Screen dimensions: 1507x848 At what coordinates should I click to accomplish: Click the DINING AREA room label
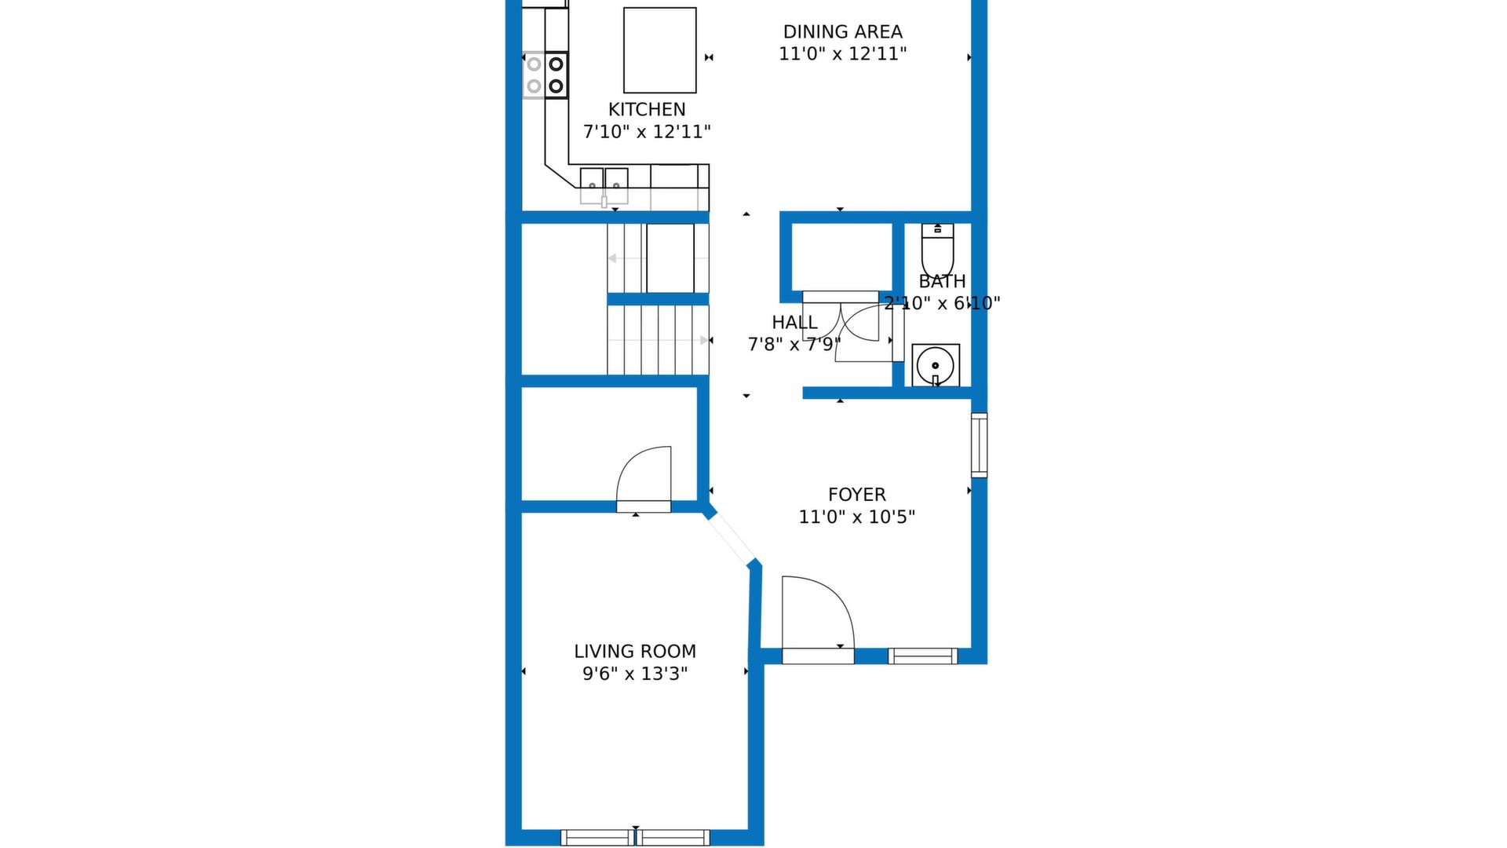pyautogui.click(x=842, y=32)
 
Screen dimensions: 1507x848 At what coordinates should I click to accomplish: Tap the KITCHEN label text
pyautogui.click(x=647, y=110)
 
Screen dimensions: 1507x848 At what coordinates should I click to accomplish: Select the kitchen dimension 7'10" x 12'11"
pyautogui.click(x=647, y=132)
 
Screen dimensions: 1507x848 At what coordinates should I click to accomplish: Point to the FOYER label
pyautogui.click(x=856, y=495)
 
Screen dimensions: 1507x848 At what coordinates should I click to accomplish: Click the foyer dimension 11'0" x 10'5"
pyautogui.click(x=856, y=517)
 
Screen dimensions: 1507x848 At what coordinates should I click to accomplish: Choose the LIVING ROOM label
pyautogui.click(x=635, y=652)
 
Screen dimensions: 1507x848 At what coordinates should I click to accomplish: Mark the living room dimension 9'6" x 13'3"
pyautogui.click(x=635, y=674)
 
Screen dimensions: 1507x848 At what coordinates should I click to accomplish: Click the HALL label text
pyautogui.click(x=794, y=323)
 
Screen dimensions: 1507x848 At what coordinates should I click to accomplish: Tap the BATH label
pyautogui.click(x=942, y=281)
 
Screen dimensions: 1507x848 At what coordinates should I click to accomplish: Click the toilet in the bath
pyautogui.click(x=937, y=247)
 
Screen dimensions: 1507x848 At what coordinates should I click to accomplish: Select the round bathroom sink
pyautogui.click(x=936, y=365)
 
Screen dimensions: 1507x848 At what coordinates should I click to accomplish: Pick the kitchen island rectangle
pyautogui.click(x=660, y=50)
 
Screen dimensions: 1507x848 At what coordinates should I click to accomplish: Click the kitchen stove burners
pyautogui.click(x=546, y=75)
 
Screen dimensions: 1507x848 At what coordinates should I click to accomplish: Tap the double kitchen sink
pyautogui.click(x=604, y=185)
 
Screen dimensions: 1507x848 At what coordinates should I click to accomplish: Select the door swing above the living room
pyautogui.click(x=644, y=479)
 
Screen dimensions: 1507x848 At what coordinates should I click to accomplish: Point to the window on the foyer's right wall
pyautogui.click(x=979, y=445)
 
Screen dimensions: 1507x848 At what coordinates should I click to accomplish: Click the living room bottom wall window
pyautogui.click(x=635, y=838)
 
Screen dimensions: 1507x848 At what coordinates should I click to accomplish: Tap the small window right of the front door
pyautogui.click(x=923, y=656)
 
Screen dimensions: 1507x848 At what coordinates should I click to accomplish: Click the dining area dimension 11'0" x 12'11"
pyautogui.click(x=842, y=54)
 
